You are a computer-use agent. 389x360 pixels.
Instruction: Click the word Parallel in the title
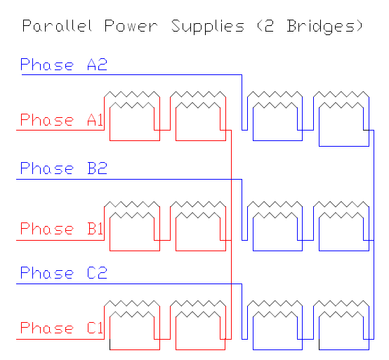click(x=58, y=25)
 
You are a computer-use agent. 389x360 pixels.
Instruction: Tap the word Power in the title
click(x=131, y=26)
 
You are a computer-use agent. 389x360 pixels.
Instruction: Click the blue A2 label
click(x=97, y=65)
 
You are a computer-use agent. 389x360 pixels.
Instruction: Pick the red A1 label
click(x=95, y=120)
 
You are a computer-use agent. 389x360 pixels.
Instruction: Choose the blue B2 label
click(x=97, y=168)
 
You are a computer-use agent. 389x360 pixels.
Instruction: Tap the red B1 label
click(x=95, y=228)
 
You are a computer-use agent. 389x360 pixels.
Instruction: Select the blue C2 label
click(x=97, y=273)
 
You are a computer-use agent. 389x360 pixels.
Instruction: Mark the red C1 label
click(x=95, y=328)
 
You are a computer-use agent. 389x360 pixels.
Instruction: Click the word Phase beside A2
click(x=47, y=65)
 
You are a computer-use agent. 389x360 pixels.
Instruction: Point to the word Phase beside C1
click(x=47, y=328)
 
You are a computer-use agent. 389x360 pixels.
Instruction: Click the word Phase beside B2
click(x=47, y=168)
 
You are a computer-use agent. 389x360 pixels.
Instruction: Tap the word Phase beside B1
click(x=47, y=228)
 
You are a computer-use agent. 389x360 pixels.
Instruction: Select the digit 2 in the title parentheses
click(x=269, y=26)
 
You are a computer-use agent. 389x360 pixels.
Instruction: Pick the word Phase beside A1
click(x=47, y=120)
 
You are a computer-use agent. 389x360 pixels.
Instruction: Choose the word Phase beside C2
click(x=47, y=273)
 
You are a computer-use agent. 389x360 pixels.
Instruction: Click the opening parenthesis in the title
click(x=259, y=26)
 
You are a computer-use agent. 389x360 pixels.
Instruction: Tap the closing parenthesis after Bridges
click(x=360, y=26)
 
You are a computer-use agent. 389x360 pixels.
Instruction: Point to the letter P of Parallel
click(x=27, y=25)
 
